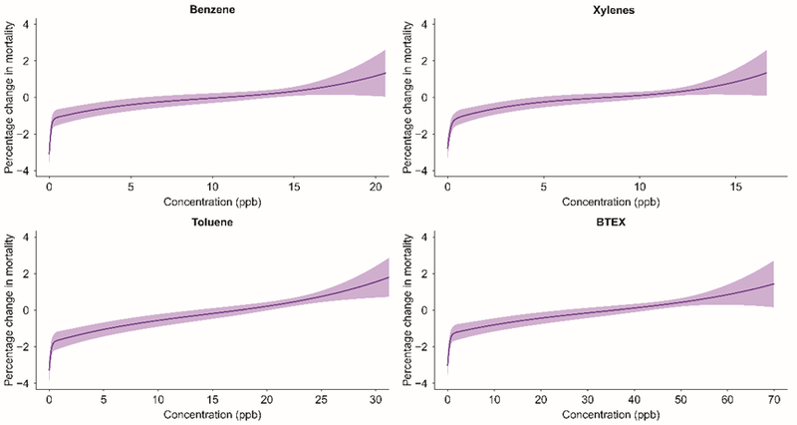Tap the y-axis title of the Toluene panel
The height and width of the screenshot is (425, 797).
[9, 309]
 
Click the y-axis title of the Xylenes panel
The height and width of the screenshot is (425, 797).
[406, 97]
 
